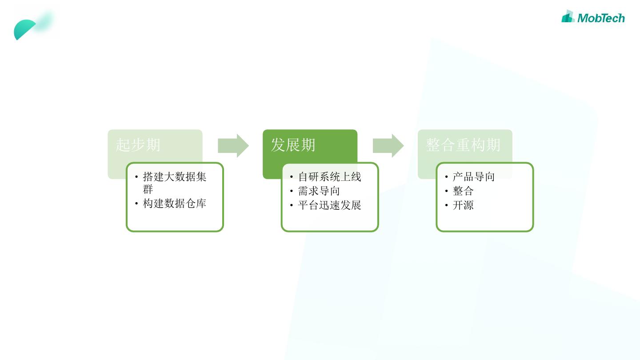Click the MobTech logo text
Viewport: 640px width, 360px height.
(601, 18)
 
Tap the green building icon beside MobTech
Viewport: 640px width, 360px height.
(568, 16)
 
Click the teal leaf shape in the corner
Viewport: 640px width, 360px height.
(26, 29)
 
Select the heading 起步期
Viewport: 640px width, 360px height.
(138, 145)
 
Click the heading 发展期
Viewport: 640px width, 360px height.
(293, 145)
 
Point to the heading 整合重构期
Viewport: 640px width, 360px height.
(463, 145)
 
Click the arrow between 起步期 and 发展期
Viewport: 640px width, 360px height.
(233, 145)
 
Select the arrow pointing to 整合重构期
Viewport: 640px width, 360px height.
(388, 145)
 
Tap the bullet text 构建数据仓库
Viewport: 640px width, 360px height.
(175, 204)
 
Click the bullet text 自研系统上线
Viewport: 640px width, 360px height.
(329, 177)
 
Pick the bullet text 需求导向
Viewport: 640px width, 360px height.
(319, 191)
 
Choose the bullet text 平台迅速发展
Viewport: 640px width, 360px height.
(329, 205)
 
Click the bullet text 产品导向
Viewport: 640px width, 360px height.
(473, 177)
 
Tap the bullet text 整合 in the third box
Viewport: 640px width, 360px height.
(463, 191)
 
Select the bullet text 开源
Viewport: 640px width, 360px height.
(463, 205)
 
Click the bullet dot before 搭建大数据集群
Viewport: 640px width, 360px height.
(136, 177)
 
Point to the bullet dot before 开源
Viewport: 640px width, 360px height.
(446, 206)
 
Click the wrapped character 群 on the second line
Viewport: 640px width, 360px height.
(148, 190)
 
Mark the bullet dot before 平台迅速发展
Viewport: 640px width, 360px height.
(292, 206)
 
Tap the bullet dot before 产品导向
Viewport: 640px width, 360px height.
(446, 177)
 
